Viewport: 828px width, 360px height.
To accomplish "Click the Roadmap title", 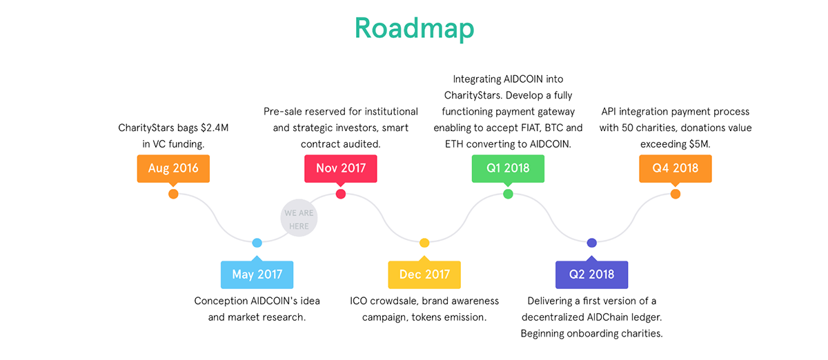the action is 414,28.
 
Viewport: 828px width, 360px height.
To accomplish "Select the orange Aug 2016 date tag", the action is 173,168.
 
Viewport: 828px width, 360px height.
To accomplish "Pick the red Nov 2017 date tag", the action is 341,168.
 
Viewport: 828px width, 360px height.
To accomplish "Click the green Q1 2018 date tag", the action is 508,168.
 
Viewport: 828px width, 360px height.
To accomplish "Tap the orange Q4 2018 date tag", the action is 676,168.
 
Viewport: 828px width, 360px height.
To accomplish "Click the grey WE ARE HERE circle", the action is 299,218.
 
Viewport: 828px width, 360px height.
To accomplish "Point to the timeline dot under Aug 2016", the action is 173,194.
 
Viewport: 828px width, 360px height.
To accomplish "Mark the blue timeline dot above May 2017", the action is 257,243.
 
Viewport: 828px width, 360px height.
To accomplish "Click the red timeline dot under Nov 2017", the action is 341,194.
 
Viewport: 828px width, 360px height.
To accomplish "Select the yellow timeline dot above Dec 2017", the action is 424,243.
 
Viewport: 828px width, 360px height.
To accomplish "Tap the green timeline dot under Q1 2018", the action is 508,194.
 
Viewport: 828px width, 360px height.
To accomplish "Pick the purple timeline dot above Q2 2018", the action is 592,243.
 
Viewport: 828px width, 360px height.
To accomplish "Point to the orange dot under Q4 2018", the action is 676,194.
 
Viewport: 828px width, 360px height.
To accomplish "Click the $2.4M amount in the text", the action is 215,128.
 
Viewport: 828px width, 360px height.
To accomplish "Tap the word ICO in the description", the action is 359,301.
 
